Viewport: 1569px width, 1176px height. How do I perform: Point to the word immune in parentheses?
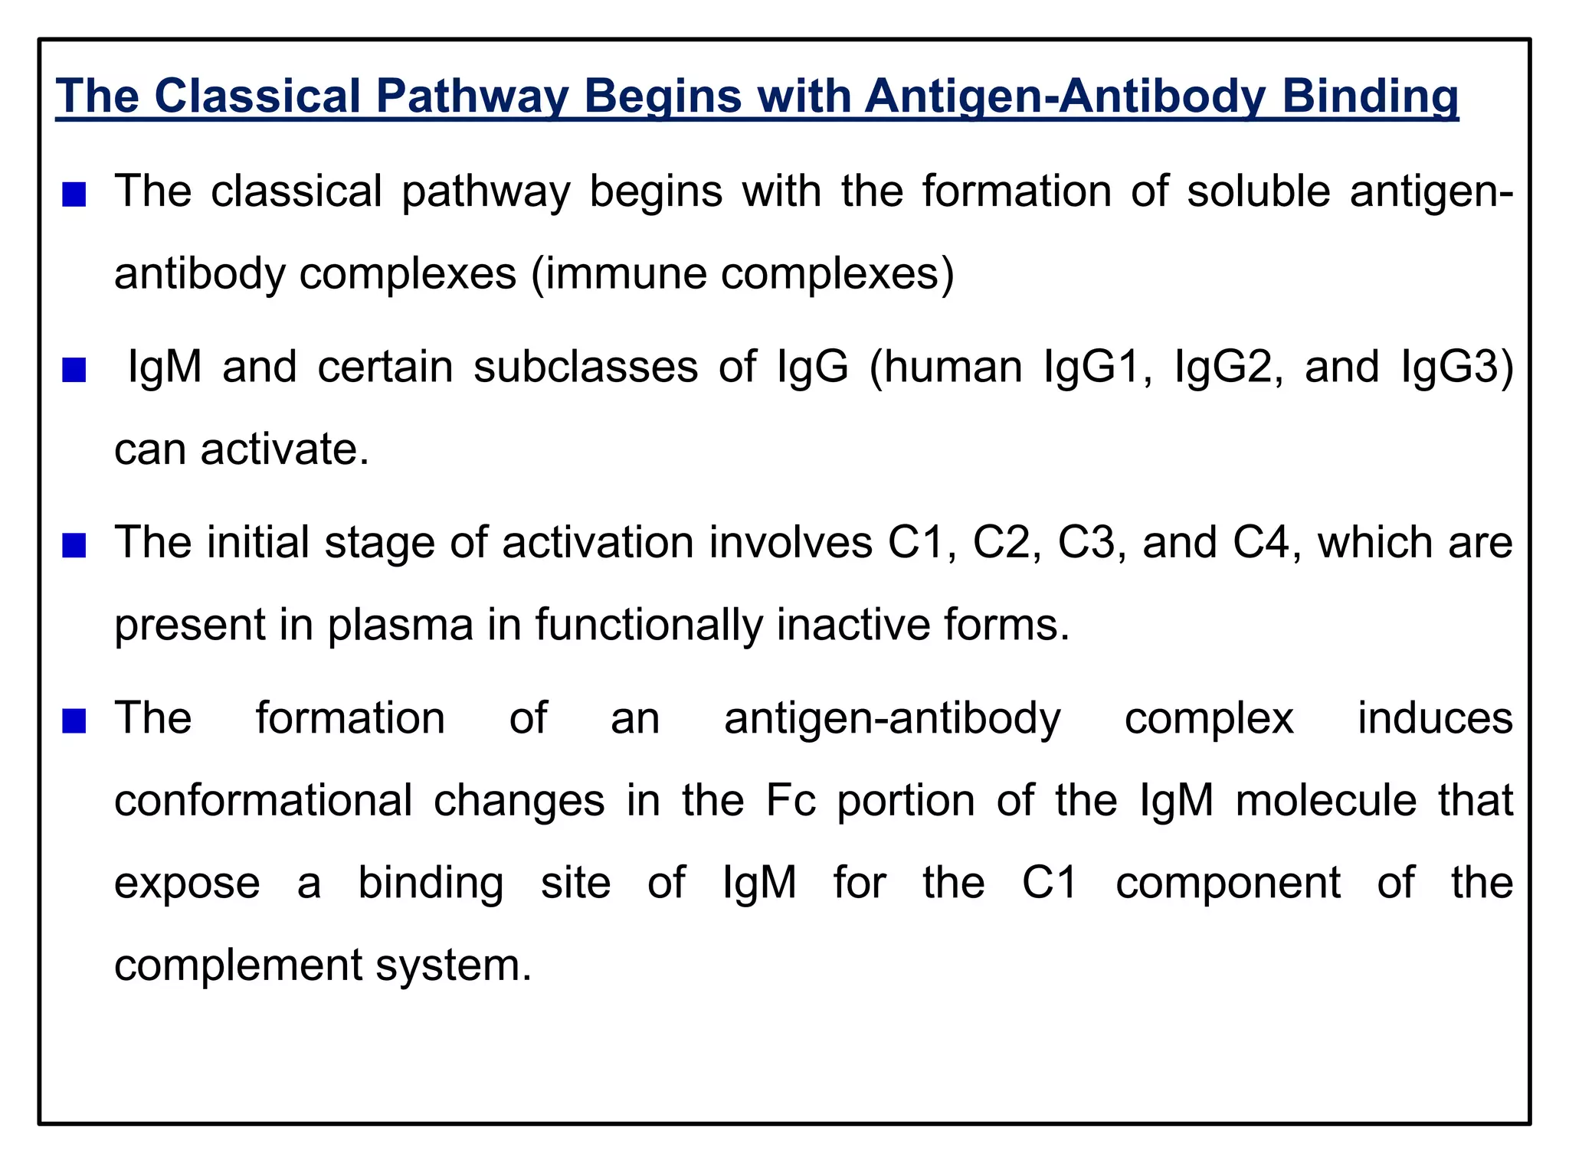625,273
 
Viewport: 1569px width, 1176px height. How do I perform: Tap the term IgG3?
1456,367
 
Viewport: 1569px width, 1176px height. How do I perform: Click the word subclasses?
585,367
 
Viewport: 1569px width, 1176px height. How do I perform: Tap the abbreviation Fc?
790,801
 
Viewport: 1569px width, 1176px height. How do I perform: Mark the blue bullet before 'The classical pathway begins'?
74,194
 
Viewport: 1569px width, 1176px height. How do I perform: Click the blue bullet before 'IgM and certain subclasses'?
74,371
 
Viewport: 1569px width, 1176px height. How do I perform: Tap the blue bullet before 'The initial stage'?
74,546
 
